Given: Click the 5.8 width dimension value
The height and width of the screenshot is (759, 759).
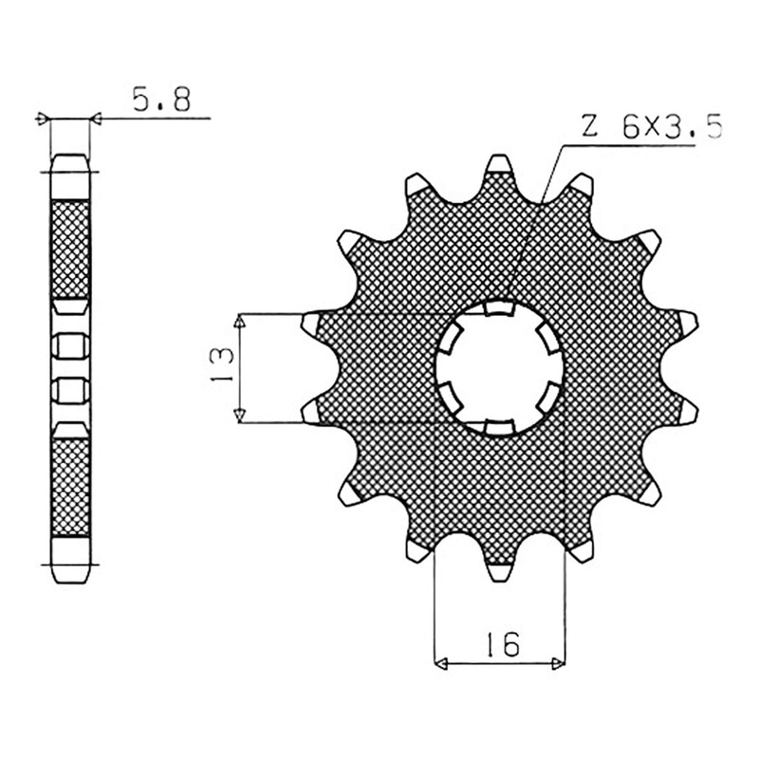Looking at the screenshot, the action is coord(161,100).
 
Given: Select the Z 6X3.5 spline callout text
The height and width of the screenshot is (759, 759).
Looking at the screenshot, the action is coord(652,128).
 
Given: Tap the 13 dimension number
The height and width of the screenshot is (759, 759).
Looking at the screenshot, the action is coord(222,364).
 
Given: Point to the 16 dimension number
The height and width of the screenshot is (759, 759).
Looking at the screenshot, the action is coord(503,644).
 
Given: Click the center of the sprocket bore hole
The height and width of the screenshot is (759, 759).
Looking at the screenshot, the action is coord(500,368).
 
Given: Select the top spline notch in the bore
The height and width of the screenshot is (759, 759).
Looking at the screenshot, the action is coord(500,307).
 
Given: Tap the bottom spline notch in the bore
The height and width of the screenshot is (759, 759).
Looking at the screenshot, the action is coord(500,427).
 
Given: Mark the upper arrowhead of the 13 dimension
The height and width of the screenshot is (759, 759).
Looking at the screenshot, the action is coord(240,321).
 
